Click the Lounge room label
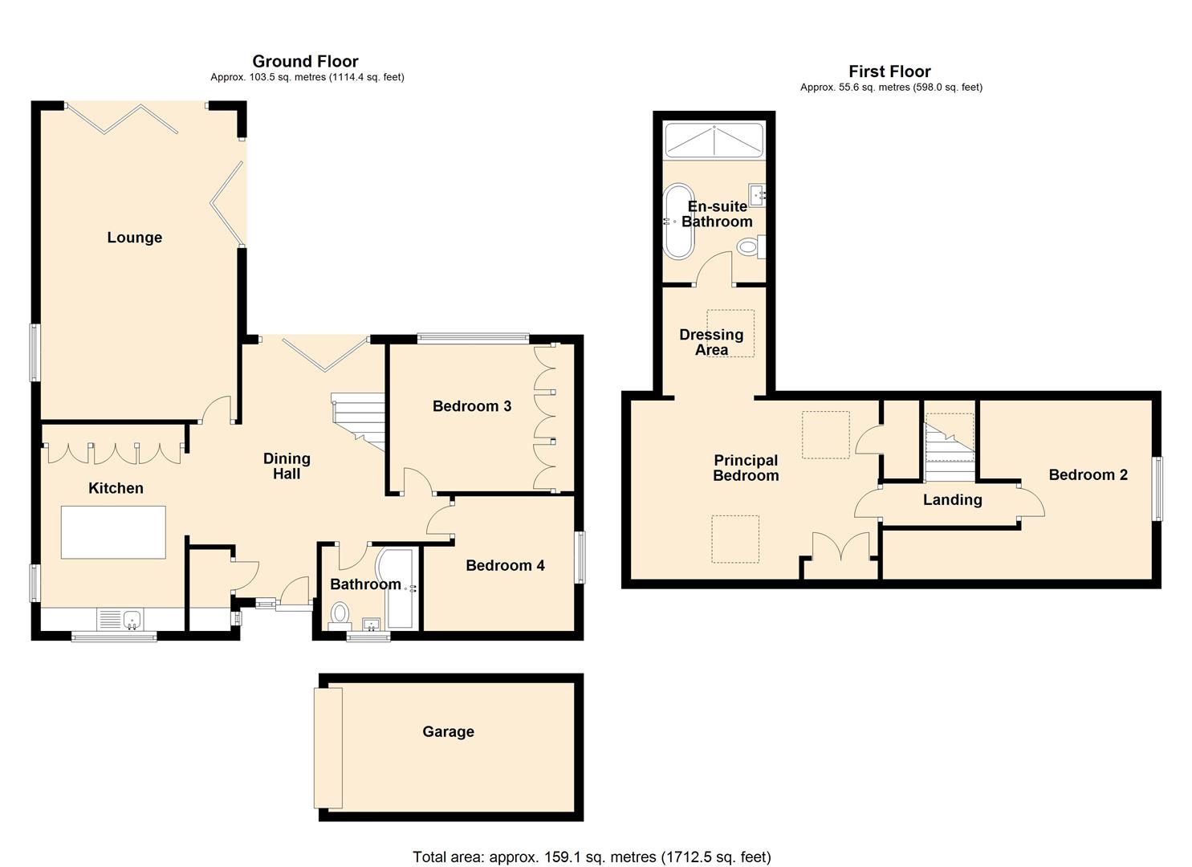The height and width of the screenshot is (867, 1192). click(x=134, y=238)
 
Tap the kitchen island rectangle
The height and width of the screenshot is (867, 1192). click(x=113, y=532)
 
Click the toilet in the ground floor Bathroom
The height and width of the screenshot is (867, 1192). click(x=340, y=615)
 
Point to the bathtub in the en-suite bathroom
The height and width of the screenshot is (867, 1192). click(x=678, y=222)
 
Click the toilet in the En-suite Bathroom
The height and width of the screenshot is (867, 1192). click(x=751, y=246)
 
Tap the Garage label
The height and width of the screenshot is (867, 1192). click(x=448, y=731)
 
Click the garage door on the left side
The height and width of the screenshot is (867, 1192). click(x=328, y=747)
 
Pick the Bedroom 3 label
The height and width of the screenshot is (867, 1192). click(x=472, y=406)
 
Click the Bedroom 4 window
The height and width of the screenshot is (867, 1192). click(x=580, y=556)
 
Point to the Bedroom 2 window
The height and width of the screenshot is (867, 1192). click(x=1157, y=489)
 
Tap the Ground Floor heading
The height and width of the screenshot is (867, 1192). click(x=305, y=62)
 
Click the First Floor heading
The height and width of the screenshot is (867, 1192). click(x=889, y=71)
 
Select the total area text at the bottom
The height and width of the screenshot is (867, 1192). click(x=592, y=857)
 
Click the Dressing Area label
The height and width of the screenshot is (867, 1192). click(x=711, y=342)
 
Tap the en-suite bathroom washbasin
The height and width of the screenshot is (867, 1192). click(x=756, y=193)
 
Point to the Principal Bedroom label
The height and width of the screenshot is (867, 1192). click(x=746, y=467)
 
